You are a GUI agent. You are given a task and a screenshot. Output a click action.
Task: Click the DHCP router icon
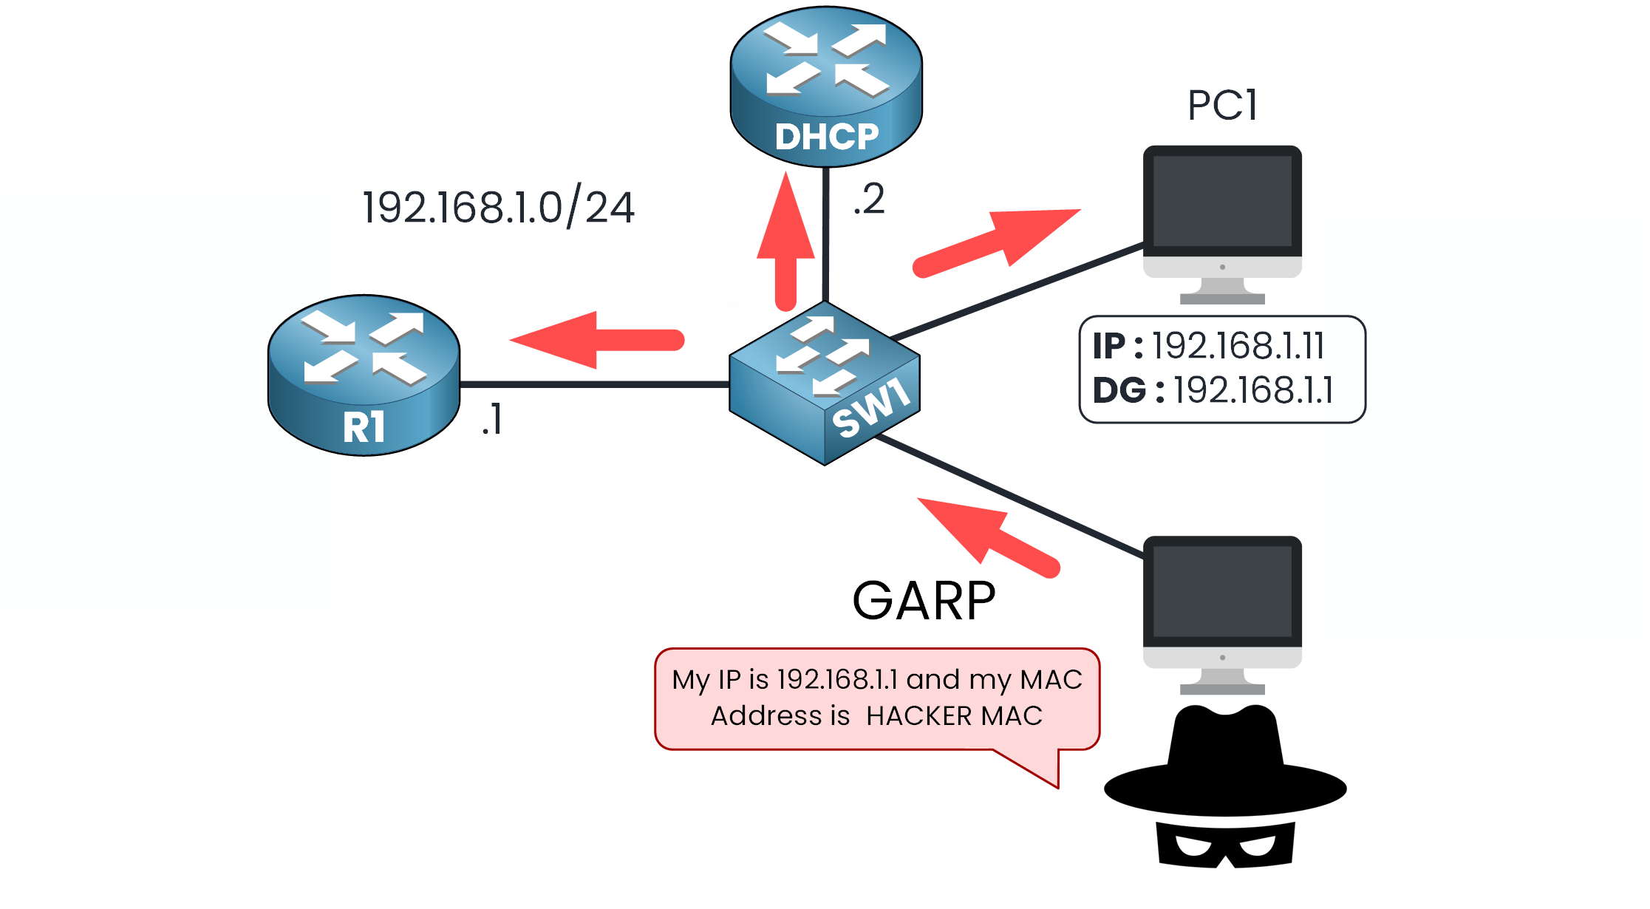(826, 87)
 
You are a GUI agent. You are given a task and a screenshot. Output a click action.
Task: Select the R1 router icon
(364, 375)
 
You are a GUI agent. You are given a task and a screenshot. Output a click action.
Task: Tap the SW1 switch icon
(825, 383)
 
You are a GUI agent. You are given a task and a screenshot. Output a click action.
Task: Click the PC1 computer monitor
(1222, 214)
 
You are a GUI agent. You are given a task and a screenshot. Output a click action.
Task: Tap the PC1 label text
(1222, 105)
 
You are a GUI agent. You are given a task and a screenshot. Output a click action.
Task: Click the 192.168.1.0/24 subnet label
(498, 208)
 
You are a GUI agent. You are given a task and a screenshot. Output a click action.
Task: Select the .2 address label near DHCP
(870, 200)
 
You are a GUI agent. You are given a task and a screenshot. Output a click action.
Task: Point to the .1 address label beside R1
(492, 420)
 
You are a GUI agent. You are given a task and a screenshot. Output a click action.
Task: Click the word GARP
(924, 600)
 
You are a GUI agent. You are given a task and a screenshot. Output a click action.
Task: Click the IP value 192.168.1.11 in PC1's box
(1238, 346)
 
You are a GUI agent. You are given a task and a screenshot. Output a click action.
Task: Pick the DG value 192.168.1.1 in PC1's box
(1254, 390)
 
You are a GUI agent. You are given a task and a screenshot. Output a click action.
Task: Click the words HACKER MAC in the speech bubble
(954, 716)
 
